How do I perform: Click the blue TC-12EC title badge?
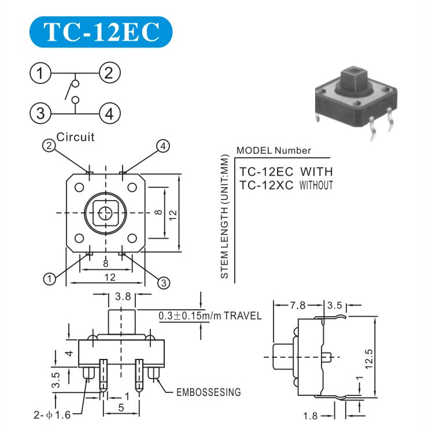point(101,32)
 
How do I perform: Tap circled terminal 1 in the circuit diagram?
point(40,73)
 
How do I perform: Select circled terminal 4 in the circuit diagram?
point(109,113)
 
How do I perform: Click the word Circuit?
point(75,137)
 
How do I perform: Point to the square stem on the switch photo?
point(353,77)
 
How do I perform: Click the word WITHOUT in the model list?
point(316,186)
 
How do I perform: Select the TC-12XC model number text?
point(266,186)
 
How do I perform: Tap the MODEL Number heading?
point(274,150)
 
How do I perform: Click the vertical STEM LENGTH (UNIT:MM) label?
point(224,216)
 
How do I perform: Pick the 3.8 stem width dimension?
point(123,296)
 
